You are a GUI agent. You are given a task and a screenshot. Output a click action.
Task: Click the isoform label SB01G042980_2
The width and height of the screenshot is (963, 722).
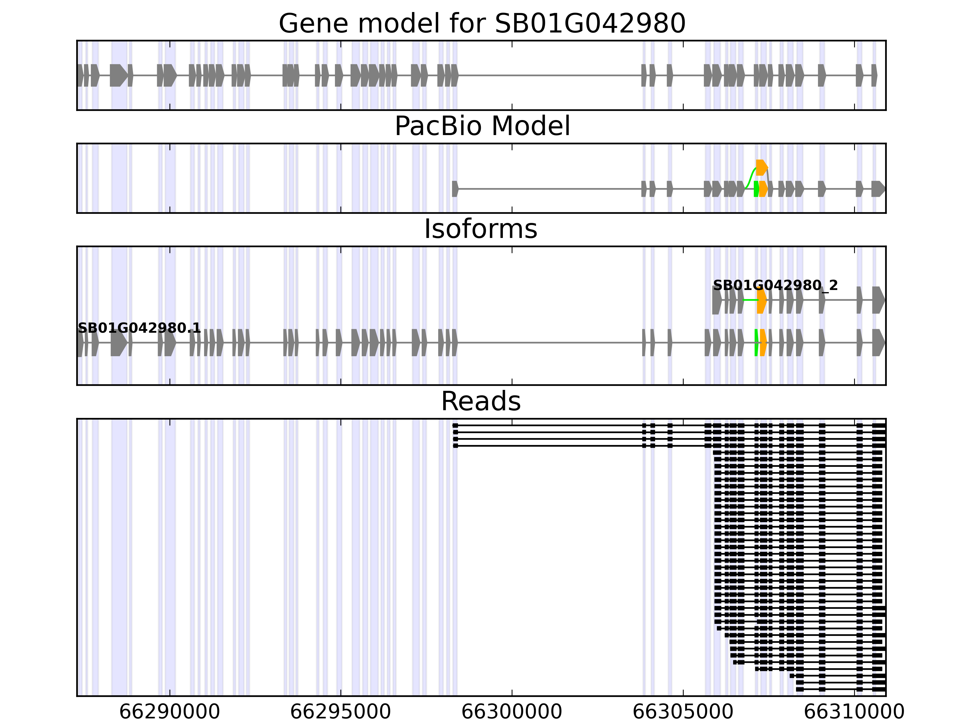(x=775, y=285)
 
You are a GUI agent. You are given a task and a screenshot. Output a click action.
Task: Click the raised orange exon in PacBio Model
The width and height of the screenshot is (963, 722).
(x=761, y=168)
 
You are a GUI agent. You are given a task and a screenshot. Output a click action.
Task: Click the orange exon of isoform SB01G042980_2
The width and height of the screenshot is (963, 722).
(x=761, y=300)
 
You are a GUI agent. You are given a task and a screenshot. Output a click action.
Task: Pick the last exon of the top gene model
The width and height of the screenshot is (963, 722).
(x=874, y=75)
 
